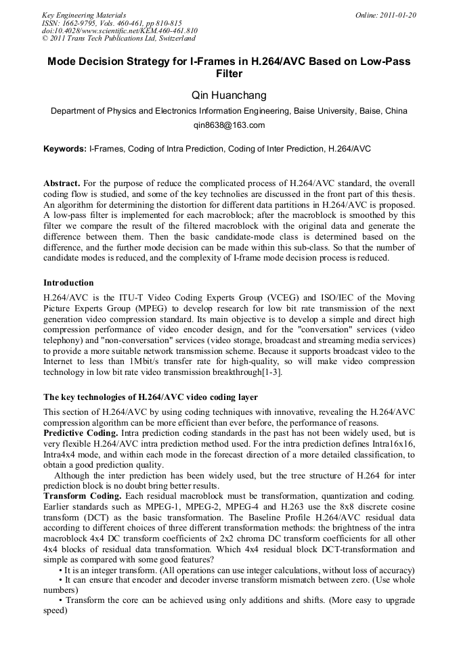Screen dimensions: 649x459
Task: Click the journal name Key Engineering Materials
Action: [83, 15]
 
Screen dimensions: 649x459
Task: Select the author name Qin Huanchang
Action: [229, 95]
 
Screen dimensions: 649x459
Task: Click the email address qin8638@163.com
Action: [229, 125]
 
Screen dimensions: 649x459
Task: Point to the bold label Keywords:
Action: [65, 148]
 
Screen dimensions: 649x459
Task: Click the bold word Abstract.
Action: [61, 184]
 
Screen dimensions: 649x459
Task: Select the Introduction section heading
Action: [68, 282]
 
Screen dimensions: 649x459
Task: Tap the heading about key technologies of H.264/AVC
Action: [150, 397]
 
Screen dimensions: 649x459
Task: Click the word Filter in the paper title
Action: [229, 74]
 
